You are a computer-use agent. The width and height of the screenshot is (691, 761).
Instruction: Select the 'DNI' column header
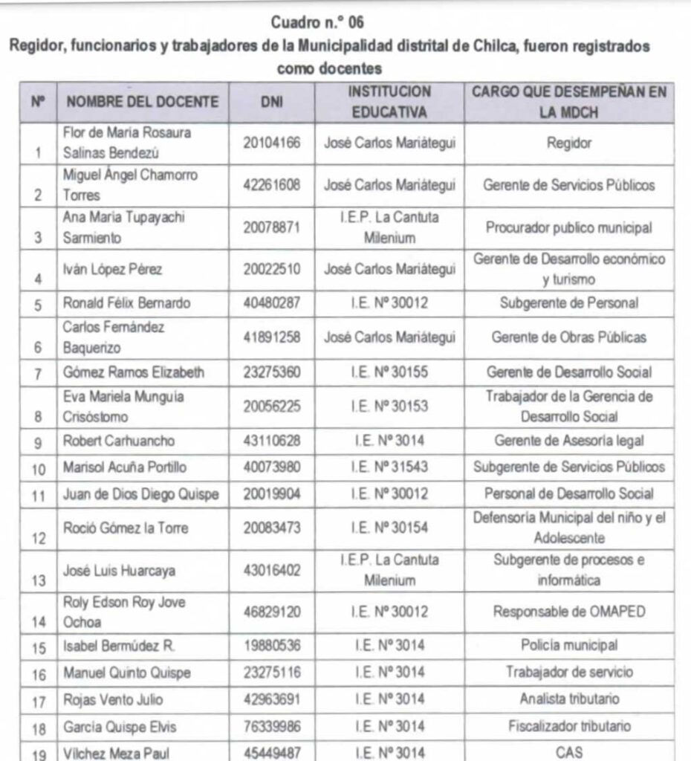pyautogui.click(x=272, y=103)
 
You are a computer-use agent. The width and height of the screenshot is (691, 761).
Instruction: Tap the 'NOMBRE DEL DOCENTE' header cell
pyautogui.click(x=143, y=103)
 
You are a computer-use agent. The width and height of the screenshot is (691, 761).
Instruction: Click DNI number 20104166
pyautogui.click(x=272, y=143)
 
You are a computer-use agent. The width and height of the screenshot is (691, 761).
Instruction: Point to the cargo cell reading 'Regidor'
pyautogui.click(x=569, y=143)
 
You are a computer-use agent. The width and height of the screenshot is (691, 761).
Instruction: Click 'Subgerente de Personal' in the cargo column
pyautogui.click(x=569, y=303)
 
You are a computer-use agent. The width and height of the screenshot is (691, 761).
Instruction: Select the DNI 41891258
pyautogui.click(x=272, y=337)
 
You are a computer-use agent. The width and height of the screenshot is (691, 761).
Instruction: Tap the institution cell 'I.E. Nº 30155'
pyautogui.click(x=389, y=372)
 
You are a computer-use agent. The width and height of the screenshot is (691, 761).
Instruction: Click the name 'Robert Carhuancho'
pyautogui.click(x=119, y=441)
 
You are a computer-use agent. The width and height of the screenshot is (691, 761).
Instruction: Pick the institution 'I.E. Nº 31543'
pyautogui.click(x=389, y=467)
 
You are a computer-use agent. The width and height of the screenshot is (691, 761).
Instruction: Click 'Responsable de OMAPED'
pyautogui.click(x=569, y=612)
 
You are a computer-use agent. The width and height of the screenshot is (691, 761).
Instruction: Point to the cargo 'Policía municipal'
pyautogui.click(x=569, y=646)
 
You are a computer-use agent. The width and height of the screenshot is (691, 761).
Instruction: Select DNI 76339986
pyautogui.click(x=272, y=726)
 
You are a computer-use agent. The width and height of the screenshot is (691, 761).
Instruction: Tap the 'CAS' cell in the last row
pyautogui.click(x=569, y=752)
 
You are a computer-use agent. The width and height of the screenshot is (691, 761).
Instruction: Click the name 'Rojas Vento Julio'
pyautogui.click(x=112, y=699)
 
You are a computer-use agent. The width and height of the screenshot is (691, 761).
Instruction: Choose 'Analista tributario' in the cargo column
pyautogui.click(x=569, y=699)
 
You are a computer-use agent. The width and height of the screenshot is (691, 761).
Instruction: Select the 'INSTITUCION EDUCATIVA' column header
pyautogui.click(x=389, y=103)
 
